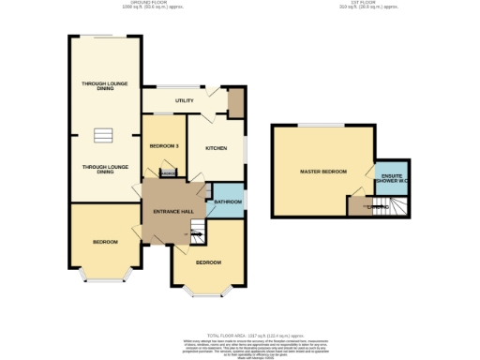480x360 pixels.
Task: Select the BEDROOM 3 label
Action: point(164,145)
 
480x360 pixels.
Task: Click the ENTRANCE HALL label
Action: point(173,211)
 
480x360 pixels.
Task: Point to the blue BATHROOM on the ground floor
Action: point(227,202)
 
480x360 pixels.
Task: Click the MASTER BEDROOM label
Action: point(322,172)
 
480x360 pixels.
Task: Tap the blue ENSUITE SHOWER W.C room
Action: point(387,180)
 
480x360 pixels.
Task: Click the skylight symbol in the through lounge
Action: point(104,137)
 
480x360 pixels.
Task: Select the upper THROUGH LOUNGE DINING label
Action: point(104,86)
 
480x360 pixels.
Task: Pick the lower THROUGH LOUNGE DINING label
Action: point(104,170)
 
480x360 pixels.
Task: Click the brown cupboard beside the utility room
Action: point(234,102)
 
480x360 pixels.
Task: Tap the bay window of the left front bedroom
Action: point(104,277)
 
